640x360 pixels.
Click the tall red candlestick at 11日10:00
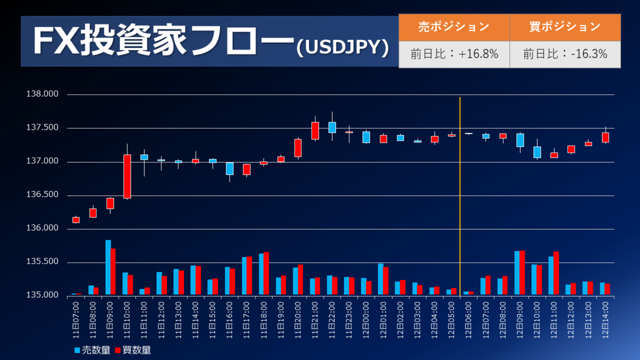tap(127, 177)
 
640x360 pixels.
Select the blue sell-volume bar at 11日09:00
tap(108, 267)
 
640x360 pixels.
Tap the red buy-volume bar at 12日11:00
tap(556, 273)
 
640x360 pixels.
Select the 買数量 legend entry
tap(133, 350)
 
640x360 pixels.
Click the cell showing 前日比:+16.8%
tap(454, 54)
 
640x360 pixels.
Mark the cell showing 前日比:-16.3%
tap(565, 54)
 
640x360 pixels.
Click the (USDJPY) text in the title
tap(342, 47)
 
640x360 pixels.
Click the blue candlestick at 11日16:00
tap(230, 169)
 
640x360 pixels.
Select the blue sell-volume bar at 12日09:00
tap(517, 273)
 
